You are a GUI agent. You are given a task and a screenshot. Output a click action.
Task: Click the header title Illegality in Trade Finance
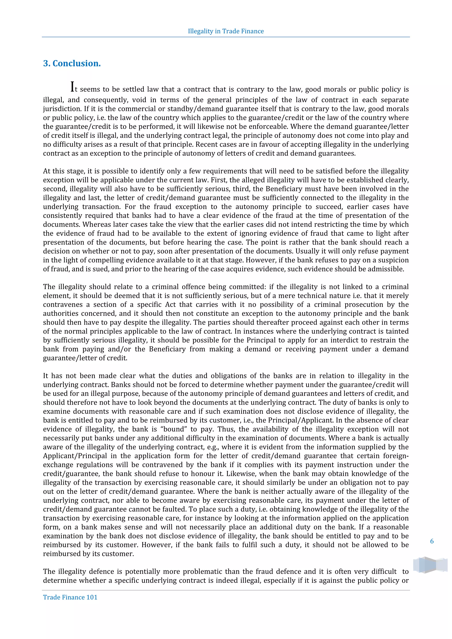[226, 31]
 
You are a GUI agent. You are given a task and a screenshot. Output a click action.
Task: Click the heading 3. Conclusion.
[72, 64]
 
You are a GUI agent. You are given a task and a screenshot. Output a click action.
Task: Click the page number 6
[432, 541]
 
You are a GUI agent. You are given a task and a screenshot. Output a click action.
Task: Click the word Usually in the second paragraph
[307, 251]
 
